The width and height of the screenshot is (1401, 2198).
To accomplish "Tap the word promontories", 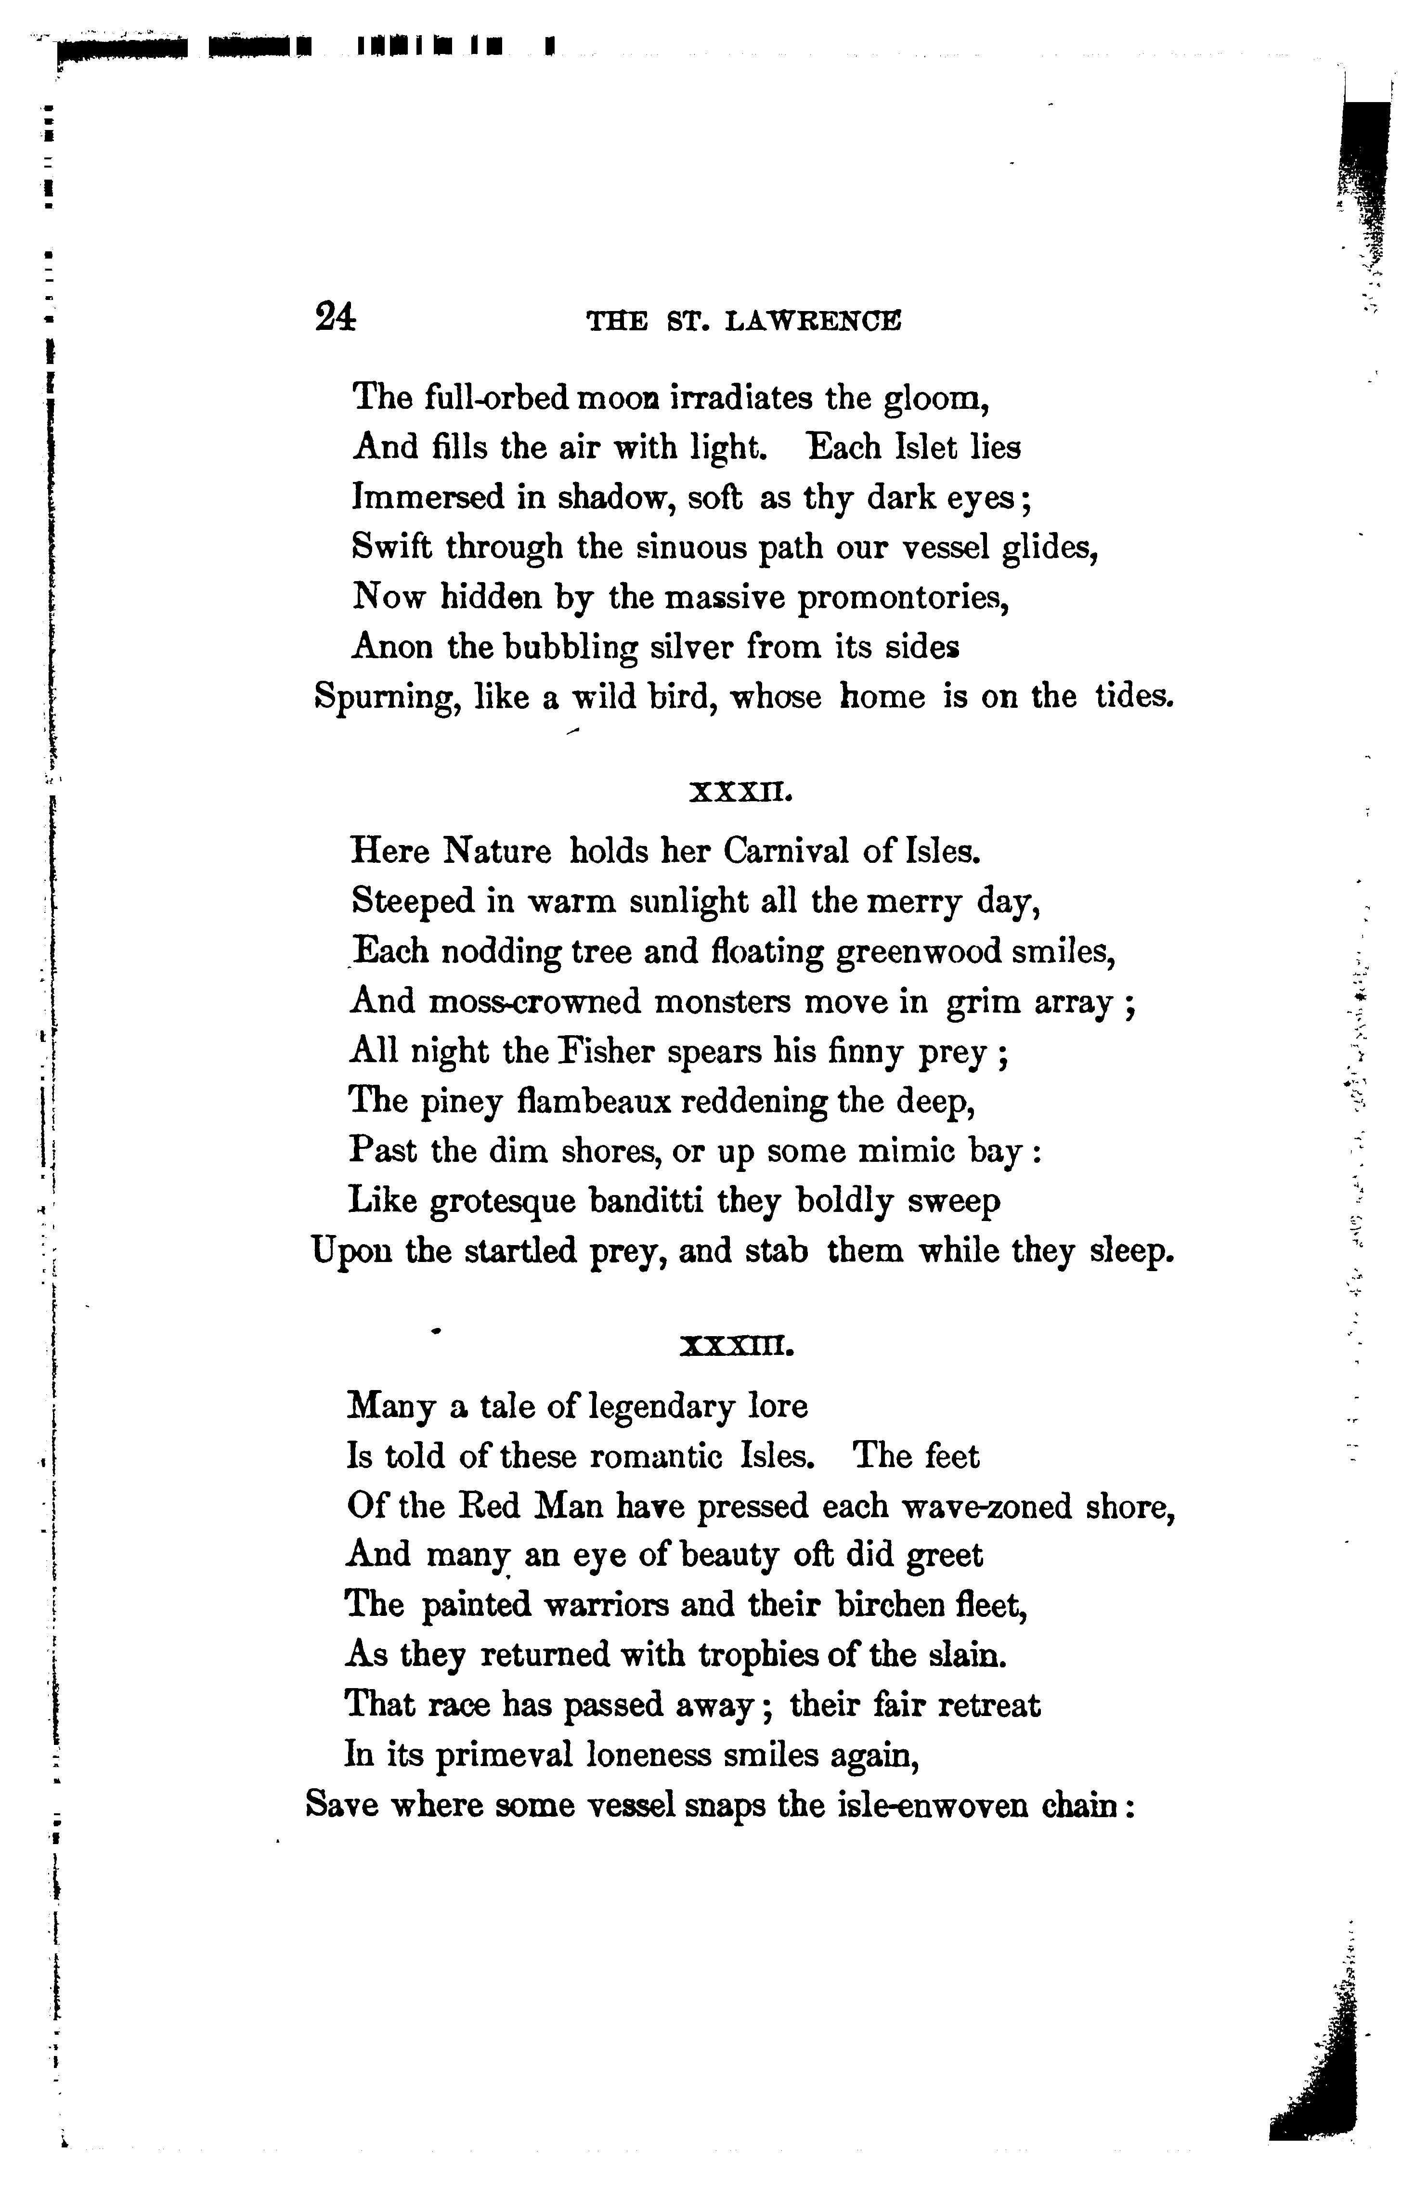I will coord(905,599).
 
